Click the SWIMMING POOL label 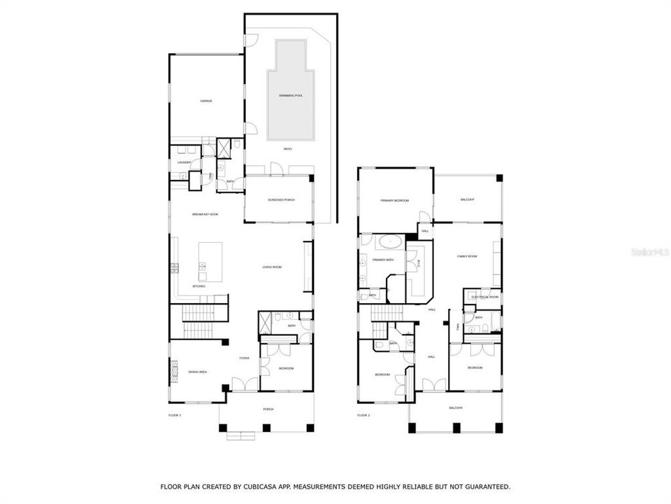[x=287, y=95]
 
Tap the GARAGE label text [x=206, y=101]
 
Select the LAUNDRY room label [x=184, y=162]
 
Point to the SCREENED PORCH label [x=281, y=200]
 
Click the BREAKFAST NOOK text [x=205, y=214]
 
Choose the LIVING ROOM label [x=271, y=267]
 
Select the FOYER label [x=244, y=358]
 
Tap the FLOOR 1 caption [x=175, y=415]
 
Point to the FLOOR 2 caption [x=363, y=415]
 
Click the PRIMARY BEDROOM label [x=394, y=201]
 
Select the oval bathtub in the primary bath [x=388, y=244]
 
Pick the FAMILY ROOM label [x=467, y=257]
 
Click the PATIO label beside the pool [x=287, y=149]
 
